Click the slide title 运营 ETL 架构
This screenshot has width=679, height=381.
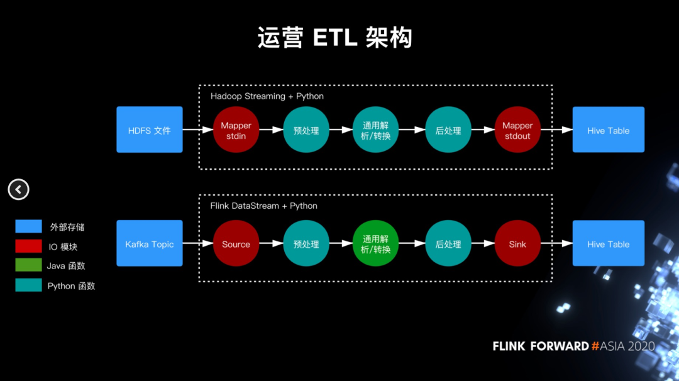coord(334,38)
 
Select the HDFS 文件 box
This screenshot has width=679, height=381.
coord(150,130)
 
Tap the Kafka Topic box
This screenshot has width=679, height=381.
coord(150,244)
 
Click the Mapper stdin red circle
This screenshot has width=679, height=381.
coord(236,130)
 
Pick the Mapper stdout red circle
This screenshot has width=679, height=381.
coord(517,130)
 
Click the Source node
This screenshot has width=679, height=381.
coord(236,244)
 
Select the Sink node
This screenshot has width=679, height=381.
coord(517,244)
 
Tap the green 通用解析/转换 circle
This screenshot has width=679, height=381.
coord(376,244)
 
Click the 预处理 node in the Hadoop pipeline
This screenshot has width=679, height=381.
coord(306,130)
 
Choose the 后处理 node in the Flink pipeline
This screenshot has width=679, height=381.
coord(448,244)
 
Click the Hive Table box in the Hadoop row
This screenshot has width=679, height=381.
coord(608,130)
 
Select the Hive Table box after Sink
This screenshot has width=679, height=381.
coord(608,244)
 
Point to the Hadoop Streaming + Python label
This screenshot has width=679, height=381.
coord(267,96)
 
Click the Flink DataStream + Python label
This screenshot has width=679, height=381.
coord(264,206)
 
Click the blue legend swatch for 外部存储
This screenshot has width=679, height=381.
coord(28,227)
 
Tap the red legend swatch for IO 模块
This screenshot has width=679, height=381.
coord(28,246)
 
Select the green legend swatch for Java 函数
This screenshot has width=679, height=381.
coord(28,265)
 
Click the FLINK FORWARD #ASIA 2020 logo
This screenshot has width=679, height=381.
coord(573,346)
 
